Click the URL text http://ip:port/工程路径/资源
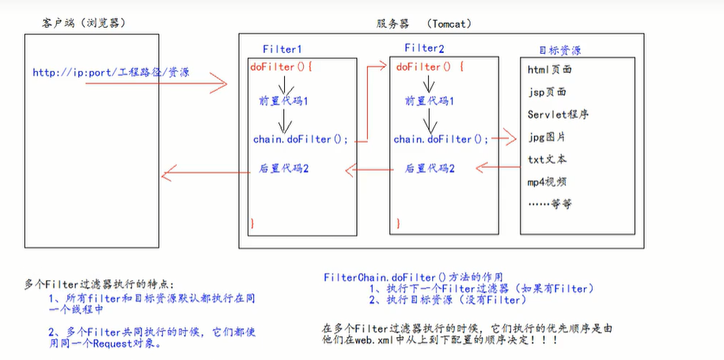[x=111, y=73]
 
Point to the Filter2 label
[x=422, y=49]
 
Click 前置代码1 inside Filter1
[x=282, y=101]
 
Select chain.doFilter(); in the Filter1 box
[x=300, y=139]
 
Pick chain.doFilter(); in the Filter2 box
[x=441, y=139]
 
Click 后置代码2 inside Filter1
[x=283, y=169]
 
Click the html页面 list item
[x=549, y=70]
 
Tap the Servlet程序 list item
[x=557, y=114]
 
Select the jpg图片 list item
[x=546, y=137]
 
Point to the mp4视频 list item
[x=547, y=181]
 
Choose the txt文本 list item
[x=546, y=159]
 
